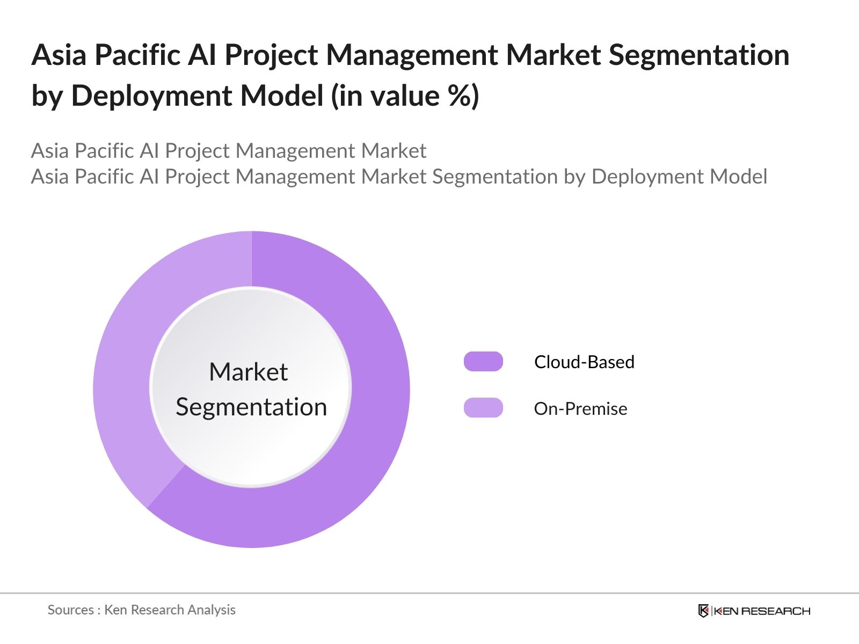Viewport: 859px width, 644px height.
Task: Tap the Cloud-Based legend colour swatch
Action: tap(483, 362)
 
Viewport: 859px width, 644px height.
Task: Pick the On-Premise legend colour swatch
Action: tap(483, 408)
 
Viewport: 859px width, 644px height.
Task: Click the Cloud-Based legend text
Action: tap(584, 362)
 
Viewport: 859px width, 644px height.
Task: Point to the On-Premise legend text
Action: tap(580, 409)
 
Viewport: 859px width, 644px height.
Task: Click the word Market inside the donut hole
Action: tap(248, 372)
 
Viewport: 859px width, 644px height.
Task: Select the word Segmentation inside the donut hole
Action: tap(251, 407)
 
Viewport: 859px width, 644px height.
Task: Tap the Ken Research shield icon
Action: tap(703, 611)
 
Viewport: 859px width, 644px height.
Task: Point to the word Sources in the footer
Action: tap(70, 610)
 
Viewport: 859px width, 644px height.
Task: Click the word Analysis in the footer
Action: tap(215, 610)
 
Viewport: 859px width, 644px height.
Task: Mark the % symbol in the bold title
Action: tap(458, 96)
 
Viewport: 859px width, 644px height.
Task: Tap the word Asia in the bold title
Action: tap(59, 55)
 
